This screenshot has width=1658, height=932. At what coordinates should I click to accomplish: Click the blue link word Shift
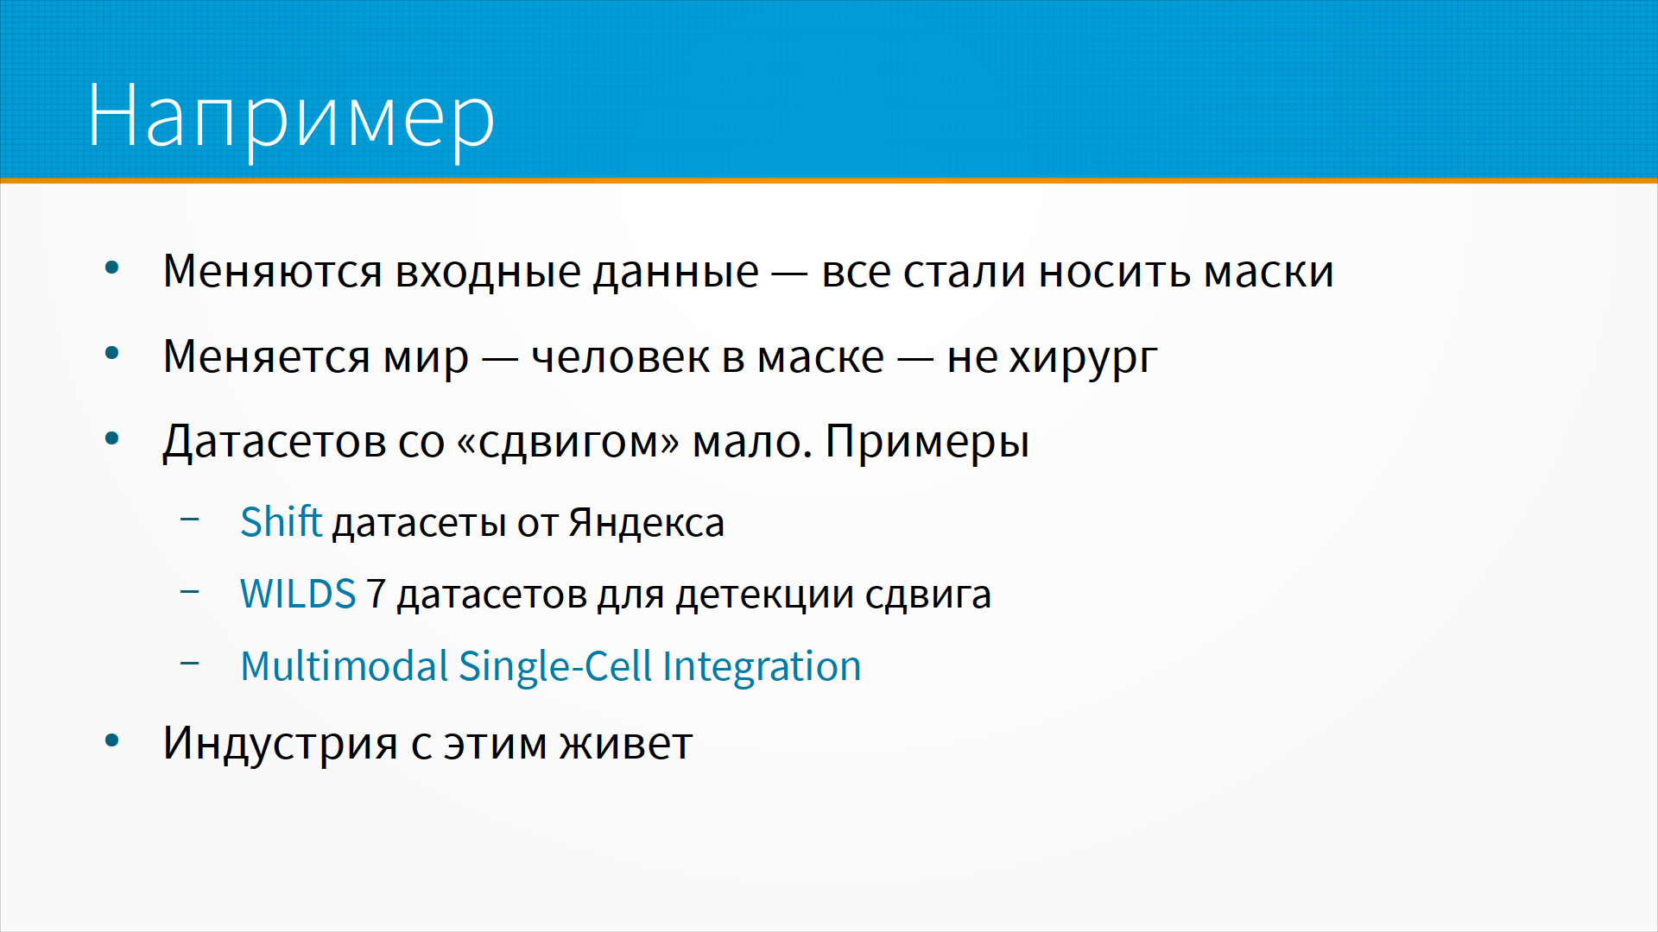281,522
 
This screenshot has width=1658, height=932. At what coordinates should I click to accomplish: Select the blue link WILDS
298,594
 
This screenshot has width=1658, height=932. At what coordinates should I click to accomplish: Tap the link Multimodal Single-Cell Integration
551,666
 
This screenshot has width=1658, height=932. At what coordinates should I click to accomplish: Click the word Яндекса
646,523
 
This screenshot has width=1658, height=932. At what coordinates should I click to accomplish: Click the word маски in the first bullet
1269,272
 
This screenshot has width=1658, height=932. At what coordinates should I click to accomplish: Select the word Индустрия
281,743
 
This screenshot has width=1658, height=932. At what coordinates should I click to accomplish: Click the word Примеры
927,442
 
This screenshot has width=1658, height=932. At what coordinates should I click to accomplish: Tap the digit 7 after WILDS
376,594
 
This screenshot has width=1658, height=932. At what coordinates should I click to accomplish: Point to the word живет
626,744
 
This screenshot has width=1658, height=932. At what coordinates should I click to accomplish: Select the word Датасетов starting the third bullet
274,442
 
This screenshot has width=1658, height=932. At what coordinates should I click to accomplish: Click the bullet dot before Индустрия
111,740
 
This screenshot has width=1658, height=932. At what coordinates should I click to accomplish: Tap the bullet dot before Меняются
111,268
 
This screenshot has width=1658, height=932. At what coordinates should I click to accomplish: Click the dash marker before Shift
190,520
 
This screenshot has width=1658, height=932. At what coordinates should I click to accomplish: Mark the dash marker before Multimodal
190,663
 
